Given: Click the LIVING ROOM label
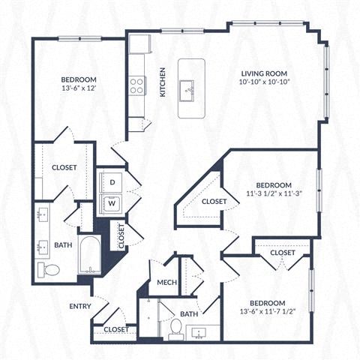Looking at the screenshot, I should tap(264, 74).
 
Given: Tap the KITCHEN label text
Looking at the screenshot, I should tap(161, 82).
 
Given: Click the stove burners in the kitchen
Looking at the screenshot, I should tap(136, 86).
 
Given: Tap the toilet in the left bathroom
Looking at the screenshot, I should tap(49, 269).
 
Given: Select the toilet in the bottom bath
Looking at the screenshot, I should tap(175, 327).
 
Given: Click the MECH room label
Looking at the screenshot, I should tap(166, 283).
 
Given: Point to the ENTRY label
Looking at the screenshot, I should tap(79, 306).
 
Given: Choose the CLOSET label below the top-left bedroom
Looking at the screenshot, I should tap(64, 167).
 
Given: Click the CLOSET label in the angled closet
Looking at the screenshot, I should tap(214, 201).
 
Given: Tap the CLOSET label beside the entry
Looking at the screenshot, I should tap(115, 328).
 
